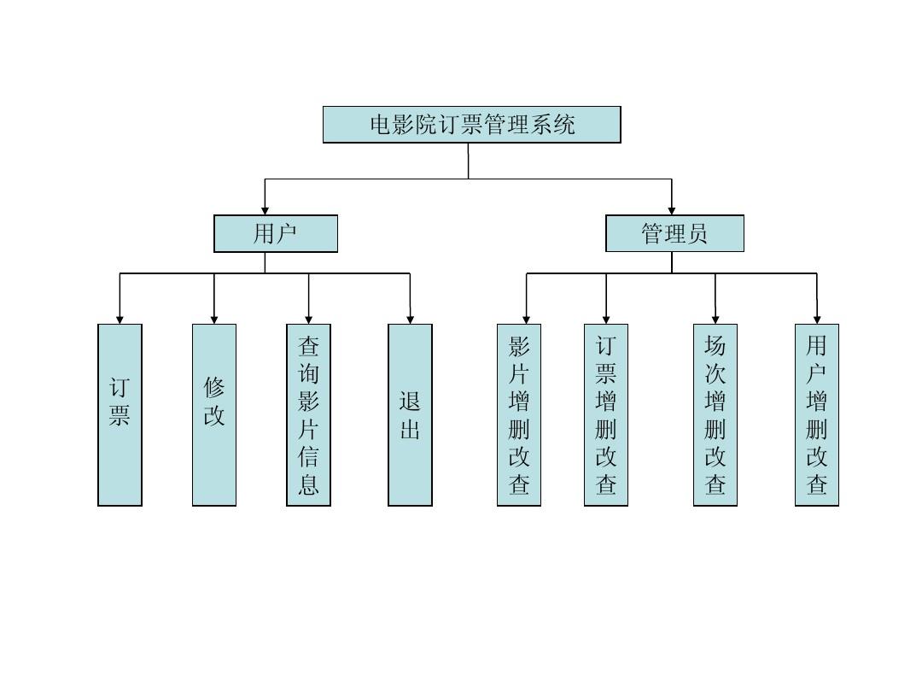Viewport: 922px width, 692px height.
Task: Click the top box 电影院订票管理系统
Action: (471, 125)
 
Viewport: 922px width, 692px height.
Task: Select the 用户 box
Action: (275, 233)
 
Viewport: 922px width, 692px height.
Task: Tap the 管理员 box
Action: (674, 233)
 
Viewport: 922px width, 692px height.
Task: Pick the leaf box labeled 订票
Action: (120, 414)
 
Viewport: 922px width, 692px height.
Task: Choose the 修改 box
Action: (213, 414)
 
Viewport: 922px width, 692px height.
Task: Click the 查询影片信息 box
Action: (308, 414)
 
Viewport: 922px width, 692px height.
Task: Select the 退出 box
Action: (410, 414)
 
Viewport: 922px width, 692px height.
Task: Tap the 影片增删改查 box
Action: (519, 414)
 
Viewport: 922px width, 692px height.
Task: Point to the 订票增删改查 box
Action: (606, 414)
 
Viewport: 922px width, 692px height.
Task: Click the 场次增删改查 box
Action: (715, 414)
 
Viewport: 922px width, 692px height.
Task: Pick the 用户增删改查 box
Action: (817, 414)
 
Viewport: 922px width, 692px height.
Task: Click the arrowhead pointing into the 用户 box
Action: (266, 209)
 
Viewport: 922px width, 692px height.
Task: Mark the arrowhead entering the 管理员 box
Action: (672, 209)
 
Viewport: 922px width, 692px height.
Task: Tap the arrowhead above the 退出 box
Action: (411, 319)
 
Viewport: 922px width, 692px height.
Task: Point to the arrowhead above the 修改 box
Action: (214, 319)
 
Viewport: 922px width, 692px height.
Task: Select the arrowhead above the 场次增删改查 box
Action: (715, 319)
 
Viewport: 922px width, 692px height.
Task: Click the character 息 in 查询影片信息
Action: (308, 484)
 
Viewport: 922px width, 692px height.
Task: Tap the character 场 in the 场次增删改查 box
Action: (715, 346)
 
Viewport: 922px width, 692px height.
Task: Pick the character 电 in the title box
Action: (380, 125)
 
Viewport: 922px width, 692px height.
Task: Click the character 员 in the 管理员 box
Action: (697, 233)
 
